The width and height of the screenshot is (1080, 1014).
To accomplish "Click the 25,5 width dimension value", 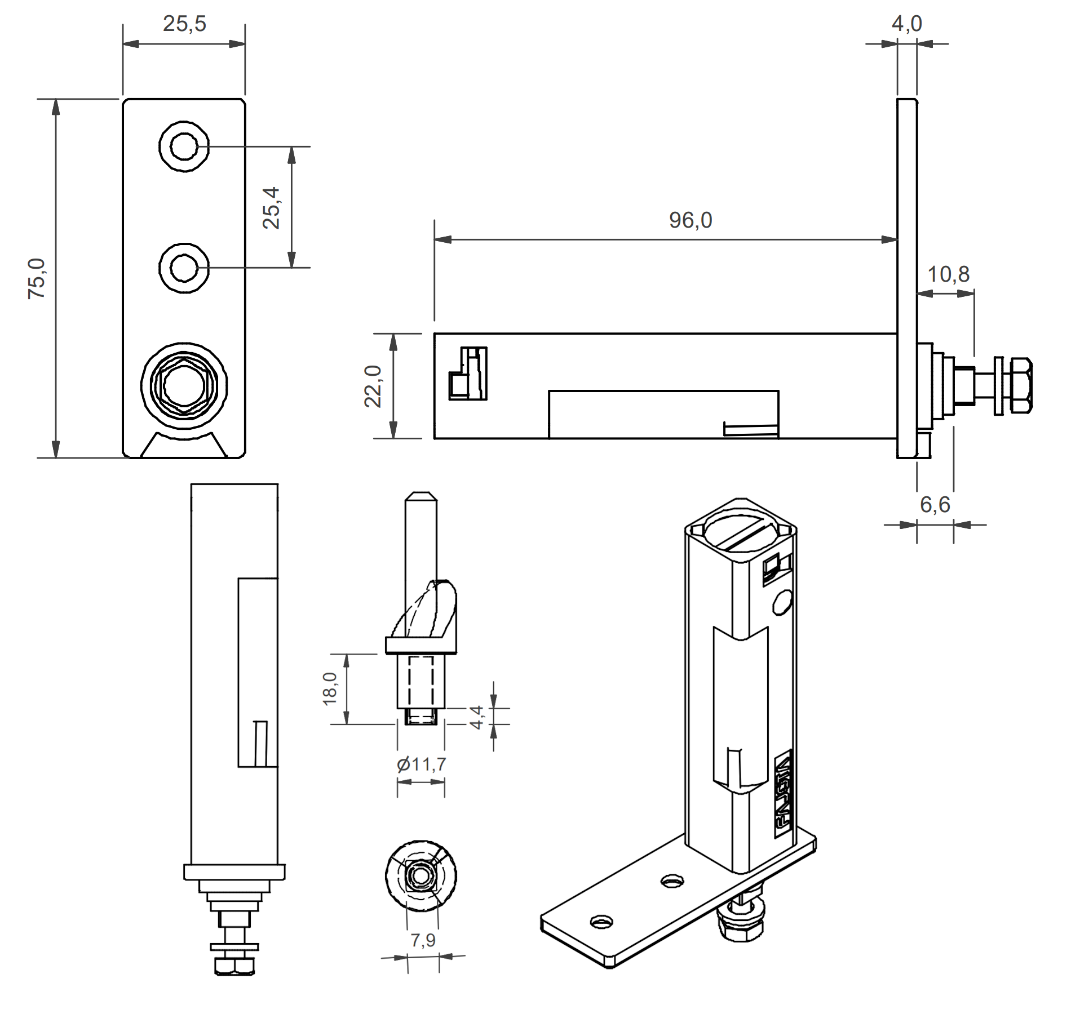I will pos(184,24).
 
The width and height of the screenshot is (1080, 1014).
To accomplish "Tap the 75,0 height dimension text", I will pos(37,278).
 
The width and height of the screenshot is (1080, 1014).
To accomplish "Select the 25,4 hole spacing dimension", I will pos(271,207).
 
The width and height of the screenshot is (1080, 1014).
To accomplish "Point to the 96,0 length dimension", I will pos(691,220).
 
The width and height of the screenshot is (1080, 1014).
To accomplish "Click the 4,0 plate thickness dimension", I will pos(906,24).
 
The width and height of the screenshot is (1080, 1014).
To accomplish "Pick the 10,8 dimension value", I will pos(948,275).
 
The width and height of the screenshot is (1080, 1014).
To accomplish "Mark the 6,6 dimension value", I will pos(935,505).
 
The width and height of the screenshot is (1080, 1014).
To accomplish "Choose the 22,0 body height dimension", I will pos(373,386).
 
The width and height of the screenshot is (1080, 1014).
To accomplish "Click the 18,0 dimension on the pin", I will pos(330,688).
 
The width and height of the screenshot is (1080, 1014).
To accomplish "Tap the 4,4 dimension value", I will pos(477,717).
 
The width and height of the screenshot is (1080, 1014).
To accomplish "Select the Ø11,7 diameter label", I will pos(421,764).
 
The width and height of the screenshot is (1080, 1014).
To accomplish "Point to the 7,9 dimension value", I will pos(423,940).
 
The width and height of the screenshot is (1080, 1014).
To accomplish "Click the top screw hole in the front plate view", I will pos(184,146).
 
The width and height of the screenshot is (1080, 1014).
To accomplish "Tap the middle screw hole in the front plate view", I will pos(184,268).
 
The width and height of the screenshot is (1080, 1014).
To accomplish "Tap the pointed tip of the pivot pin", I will pos(421,497).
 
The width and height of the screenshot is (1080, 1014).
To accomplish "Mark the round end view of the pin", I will pos(421,876).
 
